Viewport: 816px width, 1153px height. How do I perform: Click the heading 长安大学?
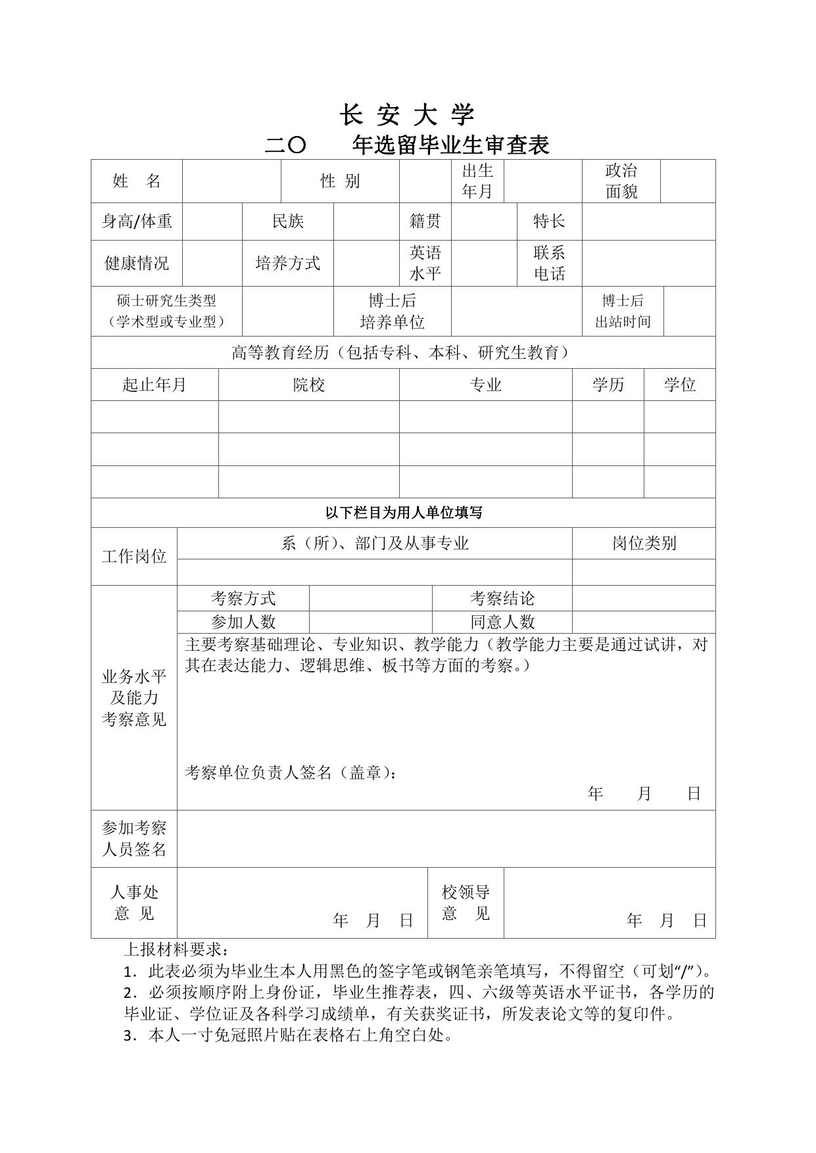(x=407, y=116)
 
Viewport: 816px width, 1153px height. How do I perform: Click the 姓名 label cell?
(x=137, y=181)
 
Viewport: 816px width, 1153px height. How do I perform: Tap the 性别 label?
(x=340, y=181)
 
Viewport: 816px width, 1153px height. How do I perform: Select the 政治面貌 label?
(x=621, y=181)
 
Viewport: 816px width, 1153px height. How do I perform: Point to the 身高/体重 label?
(x=137, y=222)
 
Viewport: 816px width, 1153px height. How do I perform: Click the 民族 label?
(x=288, y=222)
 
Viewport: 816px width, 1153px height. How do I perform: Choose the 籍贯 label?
(x=425, y=222)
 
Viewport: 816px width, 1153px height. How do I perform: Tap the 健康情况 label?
(x=137, y=263)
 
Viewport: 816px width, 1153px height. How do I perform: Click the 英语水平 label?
(x=425, y=263)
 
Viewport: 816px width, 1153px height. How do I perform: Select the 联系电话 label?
(x=549, y=263)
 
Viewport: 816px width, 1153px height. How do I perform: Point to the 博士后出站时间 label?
(x=623, y=311)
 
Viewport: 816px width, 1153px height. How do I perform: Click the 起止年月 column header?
(x=155, y=385)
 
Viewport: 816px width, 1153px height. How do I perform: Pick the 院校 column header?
(x=308, y=385)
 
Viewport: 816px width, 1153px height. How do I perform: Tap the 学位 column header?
(x=679, y=385)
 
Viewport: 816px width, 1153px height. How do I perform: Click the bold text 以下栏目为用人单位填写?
(x=403, y=513)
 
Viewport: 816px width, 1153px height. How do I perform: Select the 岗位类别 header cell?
(x=644, y=543)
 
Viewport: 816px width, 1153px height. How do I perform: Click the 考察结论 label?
(x=502, y=598)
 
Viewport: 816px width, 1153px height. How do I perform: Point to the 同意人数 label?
(x=502, y=621)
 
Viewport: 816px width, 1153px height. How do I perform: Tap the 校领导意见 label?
(x=466, y=903)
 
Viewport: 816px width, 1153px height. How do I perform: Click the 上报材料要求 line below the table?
(x=177, y=950)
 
